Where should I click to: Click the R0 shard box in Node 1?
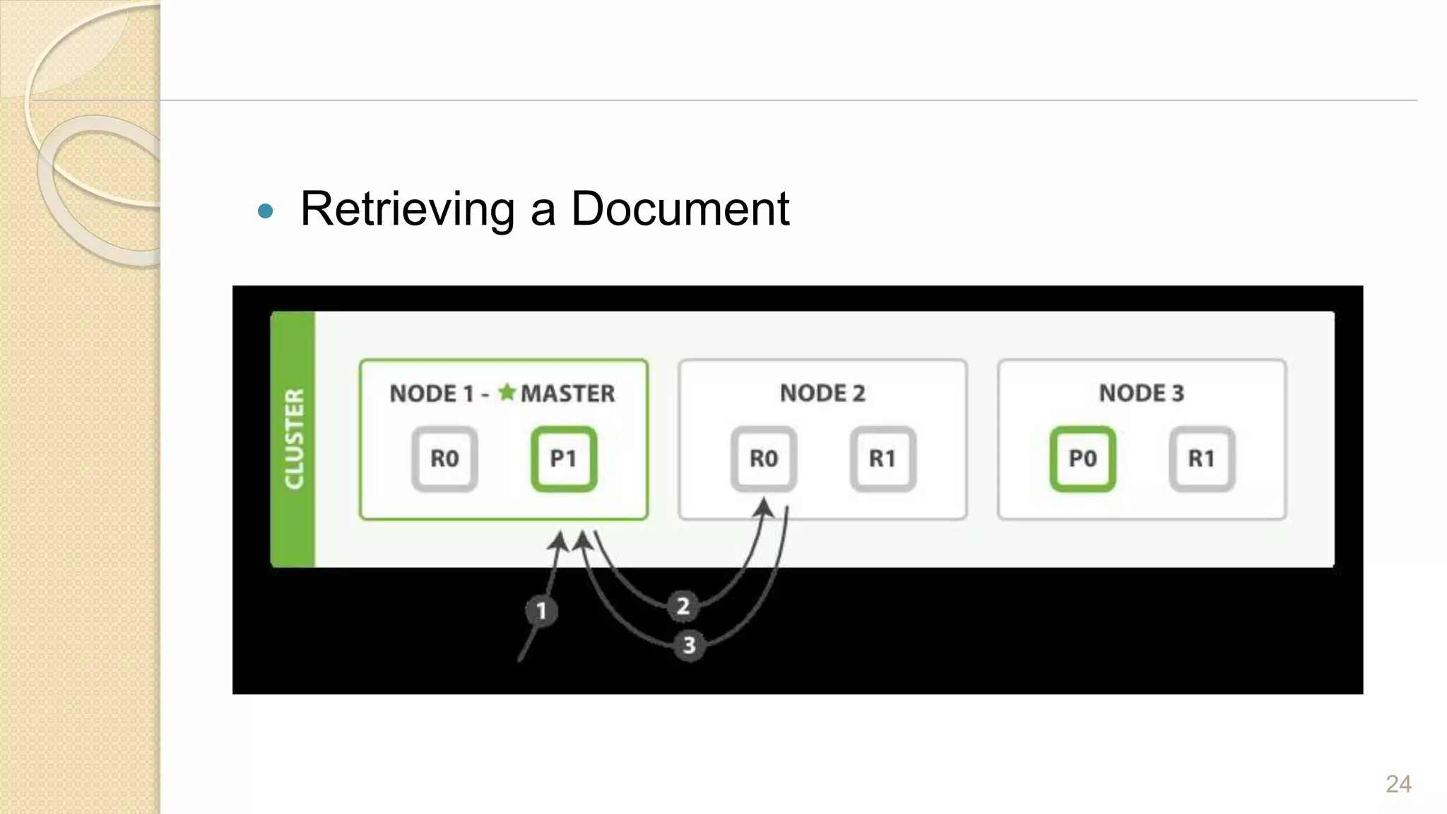click(444, 459)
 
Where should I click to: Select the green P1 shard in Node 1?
click(563, 459)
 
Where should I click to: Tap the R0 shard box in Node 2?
click(764, 459)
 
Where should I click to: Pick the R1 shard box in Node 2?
click(882, 459)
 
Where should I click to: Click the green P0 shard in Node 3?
click(1082, 459)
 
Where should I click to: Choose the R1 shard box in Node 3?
click(1201, 459)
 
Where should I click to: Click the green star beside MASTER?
click(507, 391)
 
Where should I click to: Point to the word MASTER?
click(568, 394)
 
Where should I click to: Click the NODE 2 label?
click(822, 393)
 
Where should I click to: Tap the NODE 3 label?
click(1141, 393)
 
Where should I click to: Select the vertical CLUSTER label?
click(294, 439)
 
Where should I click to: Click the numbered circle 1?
click(541, 610)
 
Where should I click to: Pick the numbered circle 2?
click(683, 606)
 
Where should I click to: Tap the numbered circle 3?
click(689, 645)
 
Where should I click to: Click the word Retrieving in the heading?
click(408, 209)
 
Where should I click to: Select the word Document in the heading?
click(680, 209)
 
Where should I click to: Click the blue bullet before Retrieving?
click(266, 211)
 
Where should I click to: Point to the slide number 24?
click(1398, 784)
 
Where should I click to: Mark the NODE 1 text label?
click(431, 394)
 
